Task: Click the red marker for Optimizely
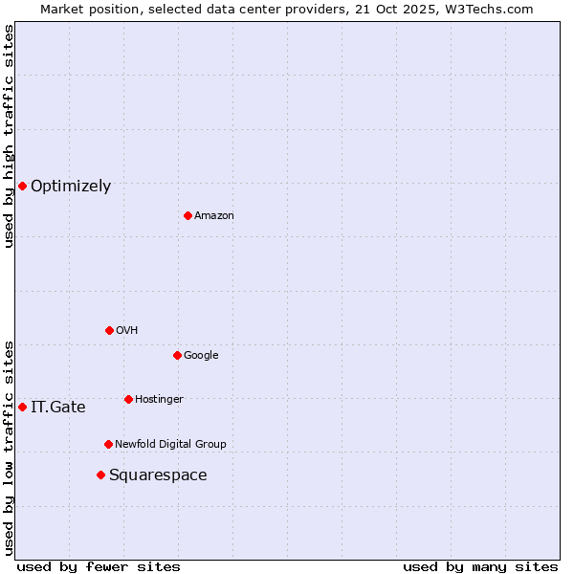click(22, 186)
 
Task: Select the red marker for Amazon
click(188, 215)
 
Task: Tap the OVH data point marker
click(109, 330)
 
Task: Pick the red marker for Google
click(177, 355)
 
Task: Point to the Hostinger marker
click(128, 399)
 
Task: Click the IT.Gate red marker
click(22, 407)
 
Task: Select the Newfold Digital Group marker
click(108, 444)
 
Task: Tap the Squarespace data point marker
click(100, 475)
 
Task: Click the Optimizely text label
click(71, 187)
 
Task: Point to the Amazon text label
click(214, 216)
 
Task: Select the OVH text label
click(127, 331)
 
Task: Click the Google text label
click(201, 356)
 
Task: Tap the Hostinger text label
click(159, 400)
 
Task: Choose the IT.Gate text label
click(58, 408)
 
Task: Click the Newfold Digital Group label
click(170, 445)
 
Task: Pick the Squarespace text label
click(158, 475)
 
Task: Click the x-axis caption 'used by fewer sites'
click(99, 566)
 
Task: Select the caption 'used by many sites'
click(480, 566)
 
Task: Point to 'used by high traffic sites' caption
click(9, 136)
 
